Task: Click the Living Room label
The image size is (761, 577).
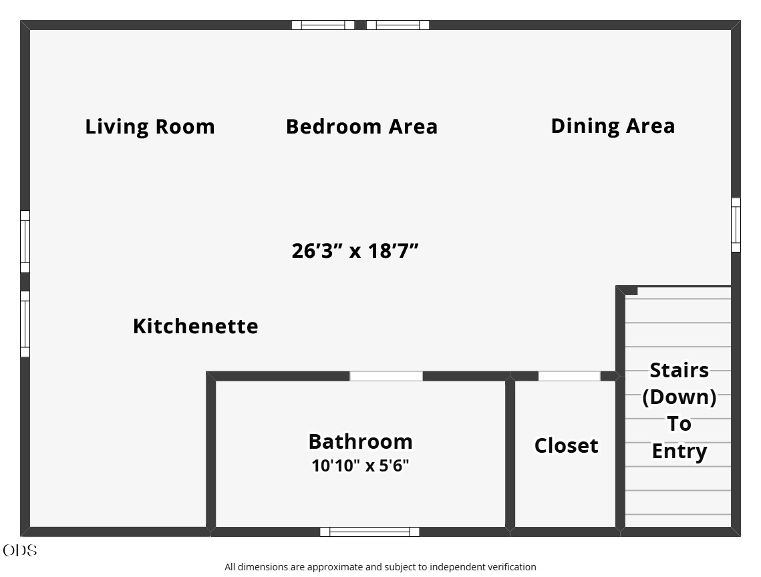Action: click(x=150, y=127)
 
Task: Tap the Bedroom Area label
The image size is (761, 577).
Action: click(x=361, y=127)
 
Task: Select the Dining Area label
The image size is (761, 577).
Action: click(x=613, y=126)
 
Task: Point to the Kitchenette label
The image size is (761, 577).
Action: click(x=196, y=326)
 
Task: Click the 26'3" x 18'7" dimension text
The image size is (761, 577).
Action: click(x=355, y=251)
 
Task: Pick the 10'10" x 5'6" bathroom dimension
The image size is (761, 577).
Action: click(x=360, y=466)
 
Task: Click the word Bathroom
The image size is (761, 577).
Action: click(x=361, y=441)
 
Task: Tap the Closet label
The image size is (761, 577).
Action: click(x=567, y=445)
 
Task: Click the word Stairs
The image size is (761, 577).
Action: click(x=679, y=370)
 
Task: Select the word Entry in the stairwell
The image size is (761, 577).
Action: click(x=679, y=451)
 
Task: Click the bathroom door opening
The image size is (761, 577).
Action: click(x=386, y=376)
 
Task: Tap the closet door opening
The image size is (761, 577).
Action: click(x=569, y=376)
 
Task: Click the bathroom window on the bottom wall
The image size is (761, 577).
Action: click(x=370, y=532)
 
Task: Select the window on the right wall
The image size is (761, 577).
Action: click(x=736, y=224)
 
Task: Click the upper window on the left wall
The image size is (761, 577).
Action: click(x=25, y=242)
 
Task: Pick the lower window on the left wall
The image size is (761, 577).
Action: click(x=25, y=324)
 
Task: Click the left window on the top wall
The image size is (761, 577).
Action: click(x=323, y=25)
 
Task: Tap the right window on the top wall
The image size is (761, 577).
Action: click(x=398, y=25)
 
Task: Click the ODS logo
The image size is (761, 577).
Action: click(x=20, y=551)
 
